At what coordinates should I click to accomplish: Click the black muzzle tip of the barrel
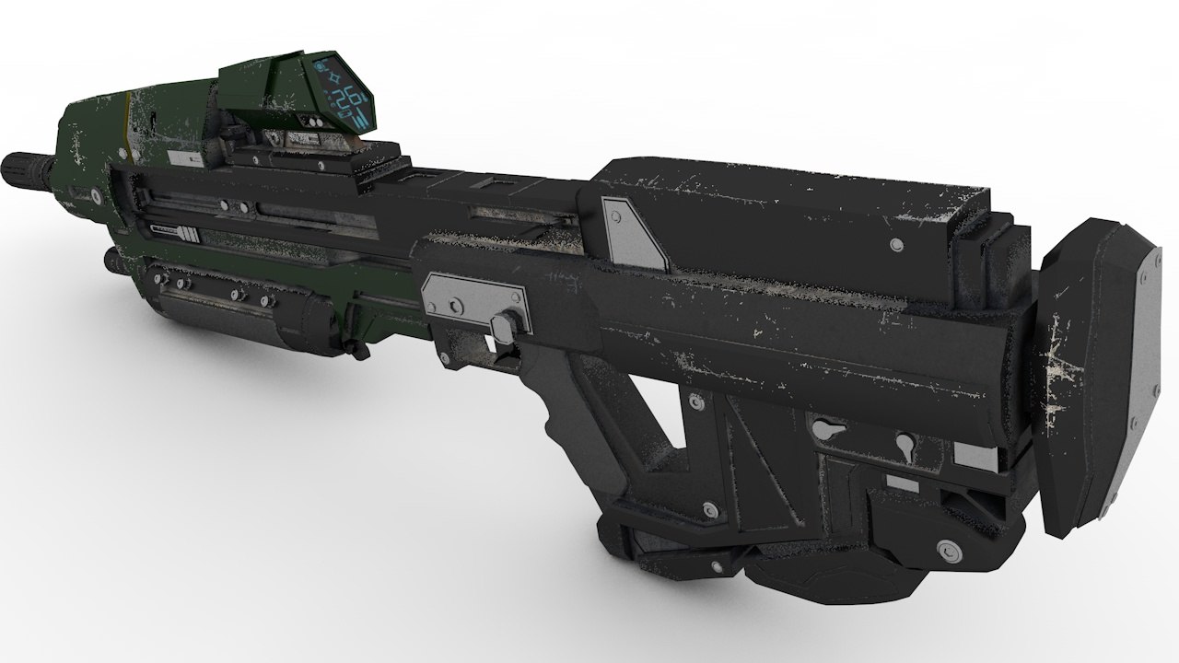[x=20, y=166]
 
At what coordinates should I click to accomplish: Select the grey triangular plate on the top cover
[x=631, y=233]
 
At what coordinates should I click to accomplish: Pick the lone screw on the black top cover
[x=896, y=244]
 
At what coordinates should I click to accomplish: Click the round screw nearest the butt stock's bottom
[x=946, y=551]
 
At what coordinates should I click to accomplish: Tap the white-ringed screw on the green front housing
[x=94, y=196]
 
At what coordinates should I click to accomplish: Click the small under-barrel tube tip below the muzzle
[x=113, y=262]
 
